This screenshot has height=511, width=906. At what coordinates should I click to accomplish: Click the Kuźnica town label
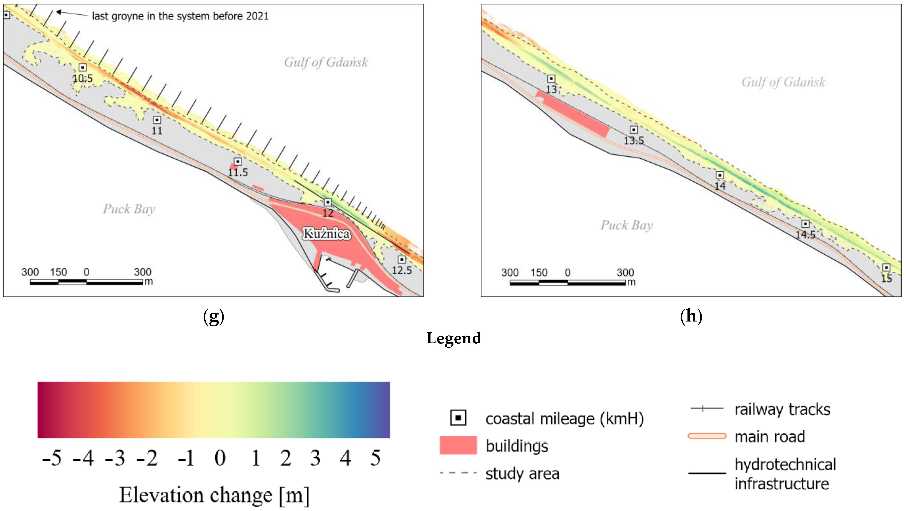[x=326, y=233]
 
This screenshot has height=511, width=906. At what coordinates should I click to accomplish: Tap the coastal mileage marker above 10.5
[x=83, y=67]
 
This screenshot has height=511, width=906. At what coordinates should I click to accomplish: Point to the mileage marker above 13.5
[x=634, y=130]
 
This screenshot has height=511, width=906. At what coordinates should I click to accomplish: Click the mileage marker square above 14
[x=720, y=175]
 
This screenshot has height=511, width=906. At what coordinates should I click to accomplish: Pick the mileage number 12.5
[x=402, y=270]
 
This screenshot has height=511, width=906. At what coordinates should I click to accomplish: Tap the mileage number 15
[x=886, y=278]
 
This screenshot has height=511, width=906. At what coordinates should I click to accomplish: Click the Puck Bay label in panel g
[x=129, y=209]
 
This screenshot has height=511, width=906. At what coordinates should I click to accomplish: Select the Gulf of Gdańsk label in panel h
[x=783, y=82]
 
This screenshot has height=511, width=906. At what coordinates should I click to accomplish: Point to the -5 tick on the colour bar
[x=52, y=458]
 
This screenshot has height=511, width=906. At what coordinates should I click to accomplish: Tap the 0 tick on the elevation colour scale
[x=220, y=458]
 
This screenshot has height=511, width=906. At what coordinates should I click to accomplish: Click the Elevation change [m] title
[x=214, y=495]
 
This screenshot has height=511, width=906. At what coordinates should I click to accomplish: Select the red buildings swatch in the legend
[x=458, y=445]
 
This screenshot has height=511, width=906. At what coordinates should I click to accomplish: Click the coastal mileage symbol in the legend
[x=458, y=418]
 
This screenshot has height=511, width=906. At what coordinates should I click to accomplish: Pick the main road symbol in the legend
[x=707, y=436]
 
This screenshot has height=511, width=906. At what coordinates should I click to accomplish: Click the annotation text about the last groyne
[x=180, y=16]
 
